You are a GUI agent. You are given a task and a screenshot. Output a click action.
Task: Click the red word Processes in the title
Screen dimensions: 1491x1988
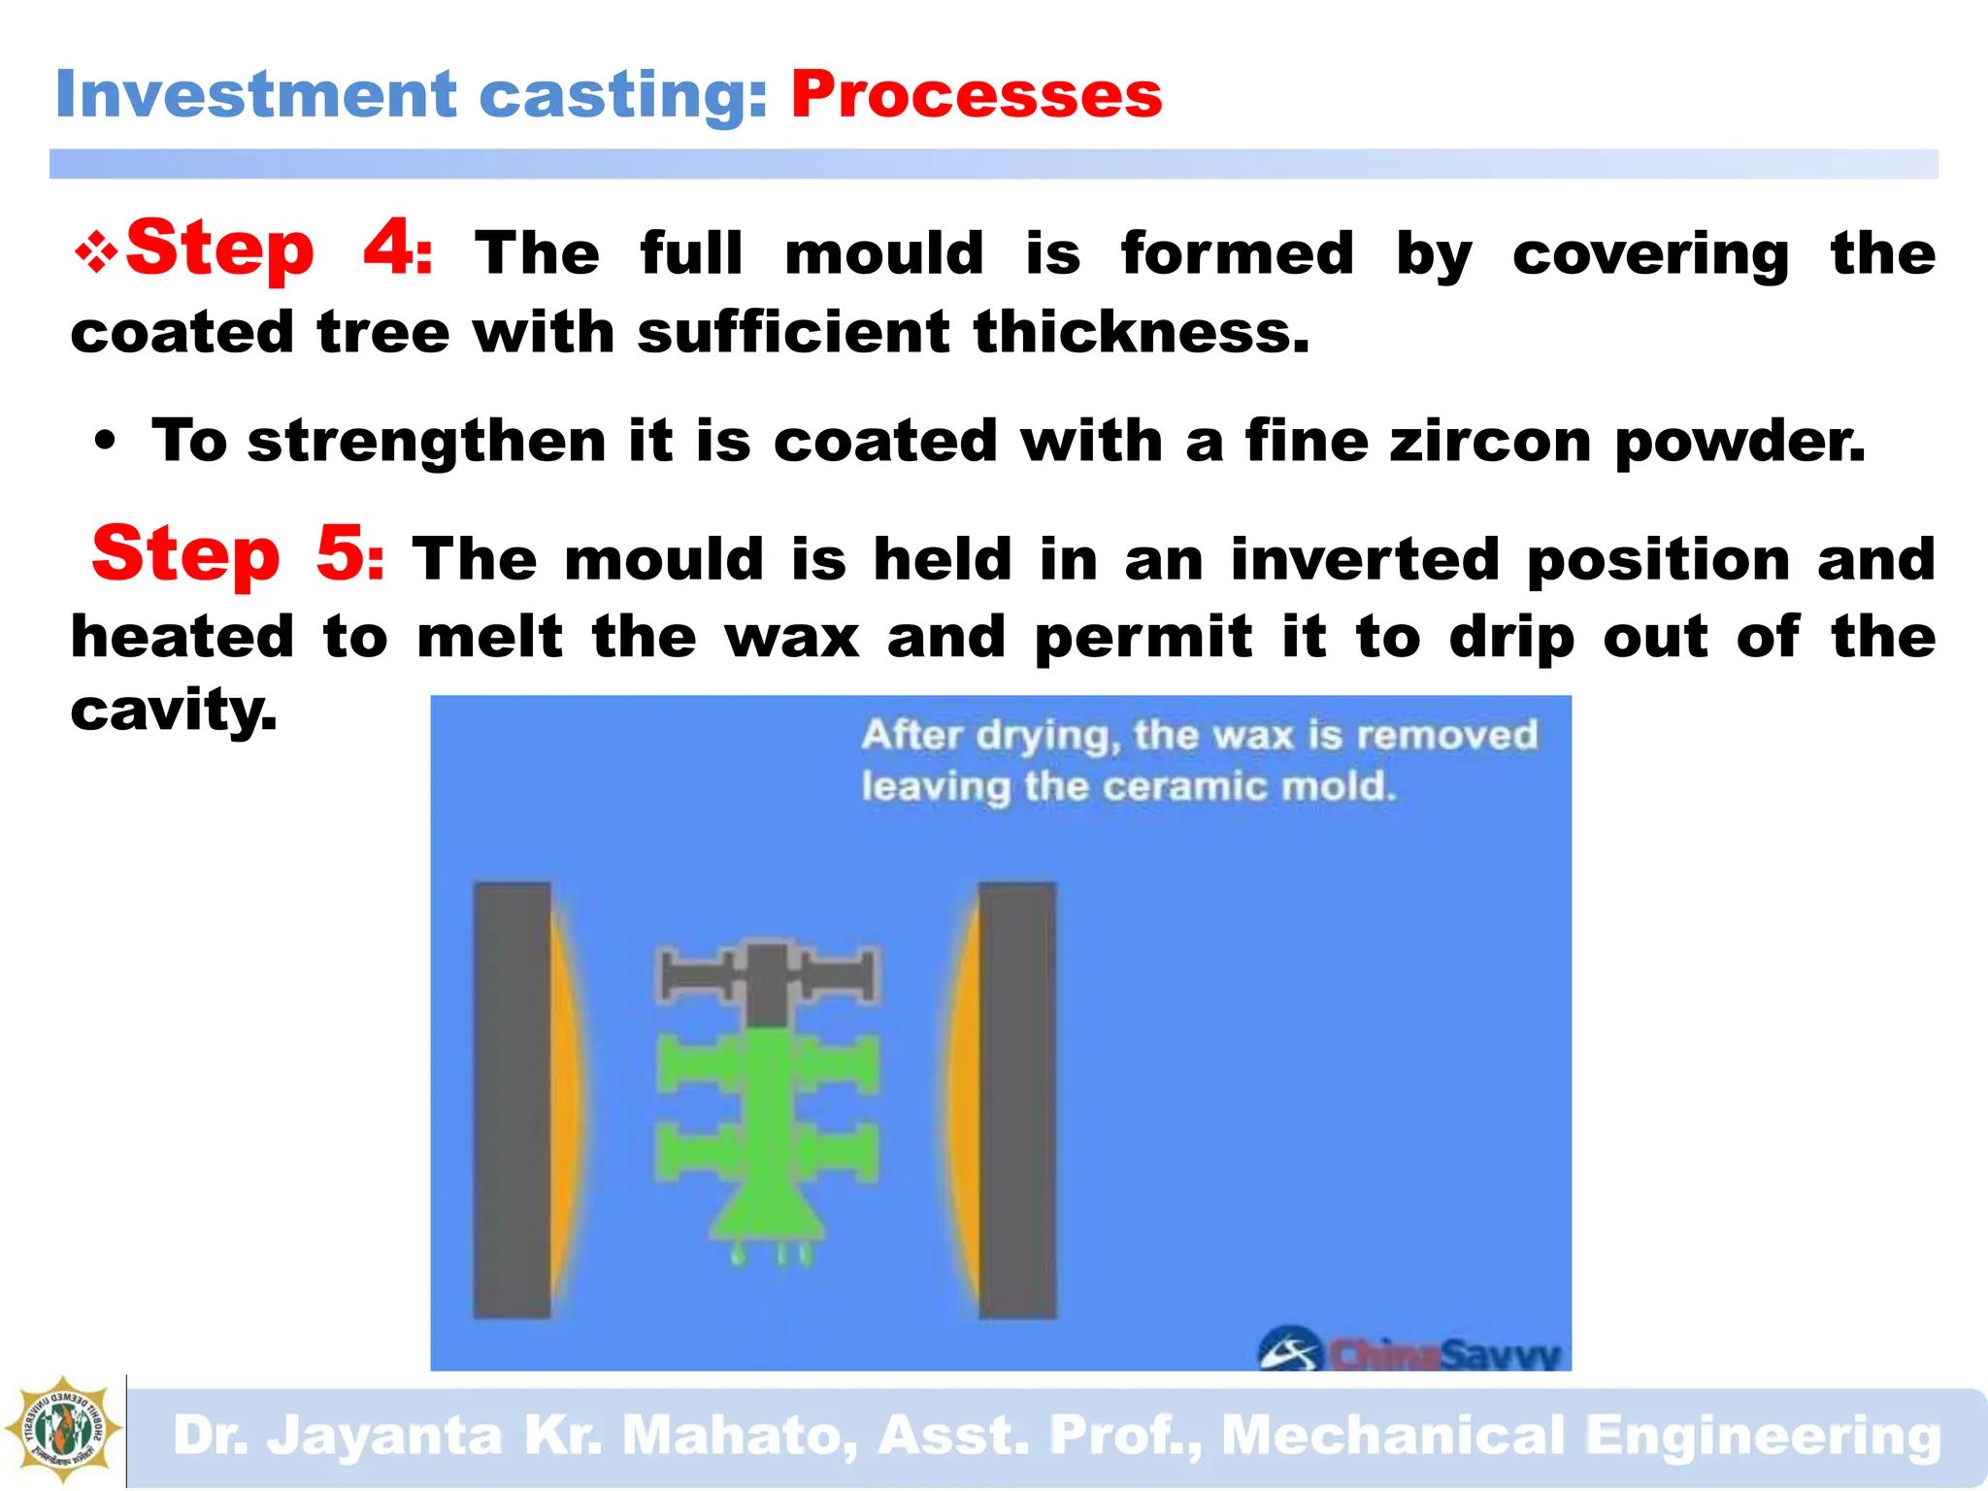tap(976, 95)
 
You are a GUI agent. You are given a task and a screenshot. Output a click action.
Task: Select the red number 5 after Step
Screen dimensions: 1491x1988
tap(342, 553)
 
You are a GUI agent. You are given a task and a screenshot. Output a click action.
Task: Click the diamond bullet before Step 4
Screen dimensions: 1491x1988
tap(96, 254)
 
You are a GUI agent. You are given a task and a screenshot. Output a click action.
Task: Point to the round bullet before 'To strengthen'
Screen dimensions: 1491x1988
tap(106, 443)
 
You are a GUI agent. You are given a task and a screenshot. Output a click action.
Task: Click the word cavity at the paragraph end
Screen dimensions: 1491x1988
tap(173, 711)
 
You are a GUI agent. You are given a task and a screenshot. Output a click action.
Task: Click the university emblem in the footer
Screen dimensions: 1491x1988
tap(63, 1430)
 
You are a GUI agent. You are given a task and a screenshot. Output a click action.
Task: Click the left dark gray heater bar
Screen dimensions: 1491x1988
tap(512, 1099)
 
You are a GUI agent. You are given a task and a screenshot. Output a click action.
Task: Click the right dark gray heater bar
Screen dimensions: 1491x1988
tap(1016, 1099)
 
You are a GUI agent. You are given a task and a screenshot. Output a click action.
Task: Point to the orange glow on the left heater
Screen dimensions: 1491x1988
tap(564, 1099)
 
